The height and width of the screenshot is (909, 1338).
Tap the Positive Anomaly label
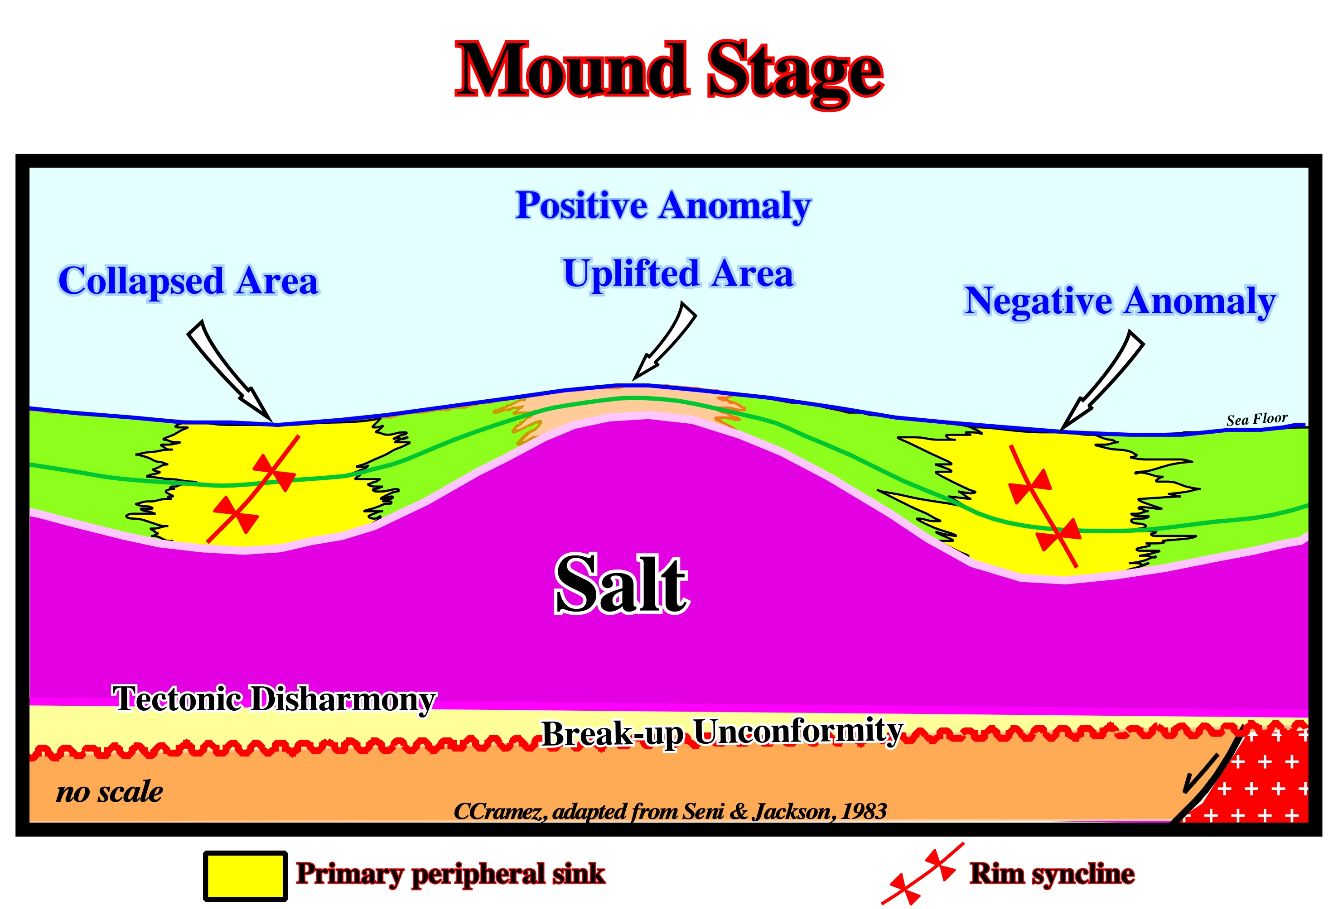[x=663, y=206]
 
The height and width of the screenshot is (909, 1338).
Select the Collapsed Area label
[x=188, y=281]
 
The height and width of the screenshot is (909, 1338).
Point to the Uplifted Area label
[x=678, y=274]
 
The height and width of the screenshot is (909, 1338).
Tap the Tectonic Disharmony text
[x=274, y=699]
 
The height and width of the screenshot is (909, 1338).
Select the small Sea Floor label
[x=1257, y=419]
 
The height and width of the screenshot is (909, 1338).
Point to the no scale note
[x=109, y=792]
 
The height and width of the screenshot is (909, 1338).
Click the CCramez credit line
[x=670, y=811]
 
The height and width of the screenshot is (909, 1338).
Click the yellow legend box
[x=245, y=875]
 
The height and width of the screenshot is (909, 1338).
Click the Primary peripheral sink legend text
[x=450, y=875]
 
